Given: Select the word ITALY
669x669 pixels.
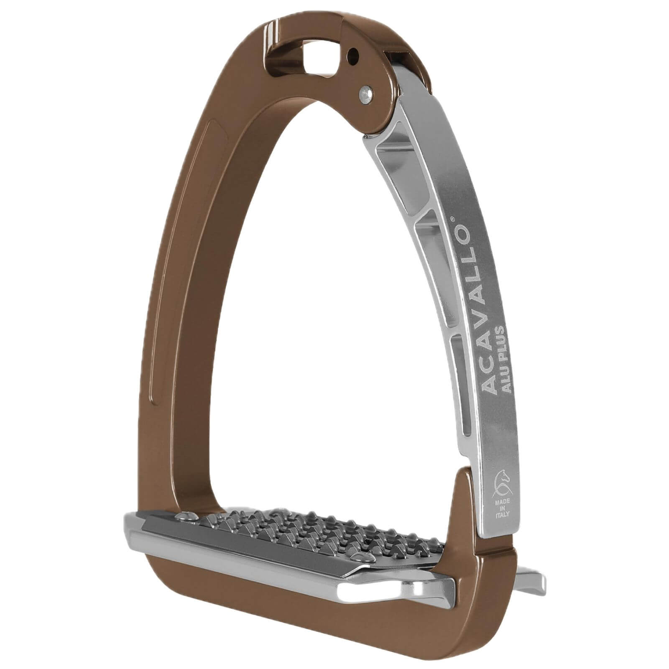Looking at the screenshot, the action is pyautogui.click(x=502, y=515).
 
